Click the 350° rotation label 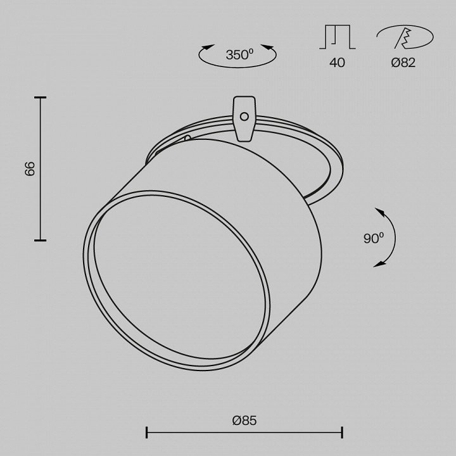239,55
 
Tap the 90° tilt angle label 374,239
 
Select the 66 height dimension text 30,168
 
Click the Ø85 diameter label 244,421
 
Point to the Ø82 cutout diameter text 403,63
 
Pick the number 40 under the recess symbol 338,63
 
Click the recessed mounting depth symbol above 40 338,37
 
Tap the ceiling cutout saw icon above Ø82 405,37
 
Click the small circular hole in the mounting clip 244,117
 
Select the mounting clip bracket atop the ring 244,119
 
